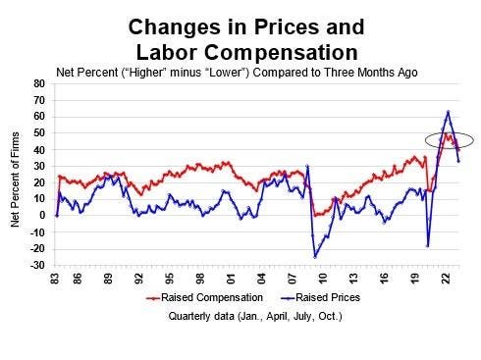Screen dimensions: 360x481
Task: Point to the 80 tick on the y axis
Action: point(38,83)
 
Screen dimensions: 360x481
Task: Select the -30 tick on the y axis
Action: point(36,265)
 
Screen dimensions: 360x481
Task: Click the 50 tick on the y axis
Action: point(38,132)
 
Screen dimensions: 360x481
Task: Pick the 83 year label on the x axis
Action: point(57,278)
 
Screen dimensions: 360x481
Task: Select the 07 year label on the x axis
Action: point(295,278)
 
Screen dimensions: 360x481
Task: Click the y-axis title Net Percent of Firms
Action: point(16,175)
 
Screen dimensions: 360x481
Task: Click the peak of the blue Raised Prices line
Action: point(448,112)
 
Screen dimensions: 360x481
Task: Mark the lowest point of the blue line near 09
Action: point(315,257)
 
